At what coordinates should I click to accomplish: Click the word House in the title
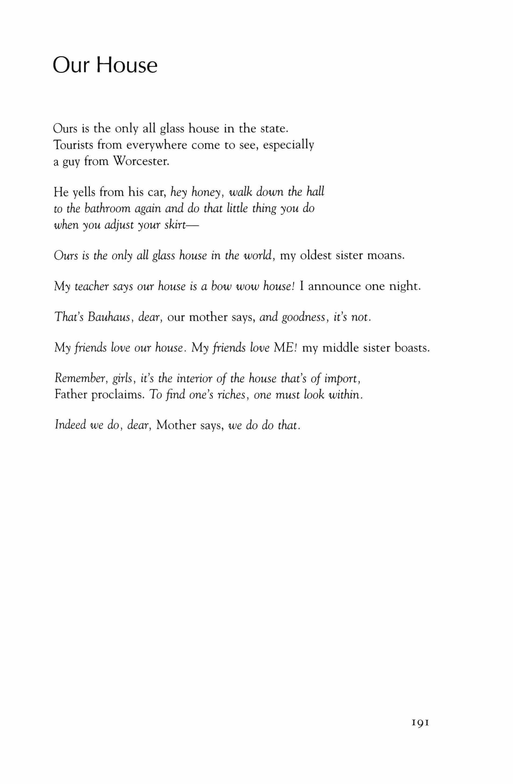pyautogui.click(x=127, y=66)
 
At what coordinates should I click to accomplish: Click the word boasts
pyautogui.click(x=412, y=348)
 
